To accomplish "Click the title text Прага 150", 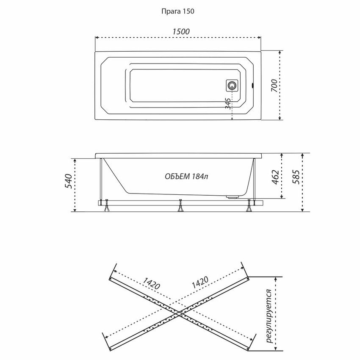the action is [x=178, y=11].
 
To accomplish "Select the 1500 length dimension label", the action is [x=181, y=31].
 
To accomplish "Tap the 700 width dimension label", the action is [x=274, y=86].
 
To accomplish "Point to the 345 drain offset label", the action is [x=228, y=103].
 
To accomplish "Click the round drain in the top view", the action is [x=232, y=86].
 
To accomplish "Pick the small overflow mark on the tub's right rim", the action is [x=253, y=86].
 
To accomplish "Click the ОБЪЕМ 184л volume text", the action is [x=186, y=176].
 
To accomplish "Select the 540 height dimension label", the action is [x=69, y=181].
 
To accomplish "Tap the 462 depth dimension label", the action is [x=275, y=177].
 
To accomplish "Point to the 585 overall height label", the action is [x=296, y=177].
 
